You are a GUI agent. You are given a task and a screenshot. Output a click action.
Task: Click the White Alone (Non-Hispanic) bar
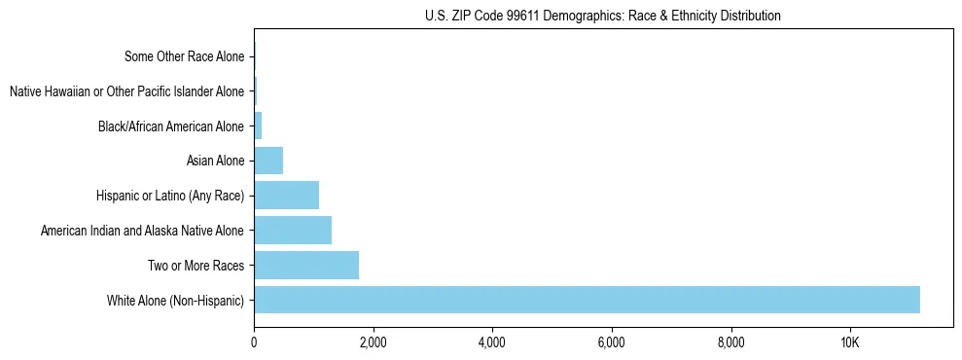pyautogui.click(x=587, y=300)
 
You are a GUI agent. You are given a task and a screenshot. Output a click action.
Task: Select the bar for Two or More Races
pyautogui.click(x=306, y=265)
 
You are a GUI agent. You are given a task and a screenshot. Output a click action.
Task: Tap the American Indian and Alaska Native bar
pyautogui.click(x=293, y=231)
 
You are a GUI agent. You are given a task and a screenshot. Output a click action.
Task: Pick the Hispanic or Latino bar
pyautogui.click(x=286, y=196)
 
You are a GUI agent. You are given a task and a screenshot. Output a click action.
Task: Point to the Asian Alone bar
pyautogui.click(x=268, y=161)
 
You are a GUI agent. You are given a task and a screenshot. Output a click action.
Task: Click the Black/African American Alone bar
pyautogui.click(x=258, y=126)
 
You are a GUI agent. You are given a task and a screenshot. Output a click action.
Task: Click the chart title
pyautogui.click(x=603, y=16)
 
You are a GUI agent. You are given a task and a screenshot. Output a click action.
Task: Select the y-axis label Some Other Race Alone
pyautogui.click(x=185, y=56)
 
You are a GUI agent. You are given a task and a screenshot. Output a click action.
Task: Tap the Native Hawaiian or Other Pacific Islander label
pyautogui.click(x=126, y=91)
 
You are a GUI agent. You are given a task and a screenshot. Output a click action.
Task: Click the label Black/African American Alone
pyautogui.click(x=171, y=126)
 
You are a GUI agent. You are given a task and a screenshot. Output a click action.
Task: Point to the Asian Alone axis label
pyautogui.click(x=215, y=161)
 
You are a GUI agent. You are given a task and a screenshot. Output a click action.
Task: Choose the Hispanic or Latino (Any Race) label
pyautogui.click(x=170, y=196)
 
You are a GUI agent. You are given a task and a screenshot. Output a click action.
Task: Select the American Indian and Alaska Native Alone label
pyautogui.click(x=143, y=231)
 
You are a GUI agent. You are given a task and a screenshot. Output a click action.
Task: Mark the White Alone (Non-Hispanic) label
pyautogui.click(x=176, y=300)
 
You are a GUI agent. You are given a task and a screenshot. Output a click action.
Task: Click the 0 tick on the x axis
pyautogui.click(x=254, y=342)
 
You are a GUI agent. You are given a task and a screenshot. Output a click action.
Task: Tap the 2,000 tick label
pyautogui.click(x=373, y=342)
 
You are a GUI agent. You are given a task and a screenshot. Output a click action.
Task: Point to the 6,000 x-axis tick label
pyautogui.click(x=611, y=342)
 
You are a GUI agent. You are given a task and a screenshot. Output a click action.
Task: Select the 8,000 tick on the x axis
pyautogui.click(x=730, y=342)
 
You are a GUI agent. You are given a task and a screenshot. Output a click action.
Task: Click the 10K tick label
pyautogui.click(x=849, y=342)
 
